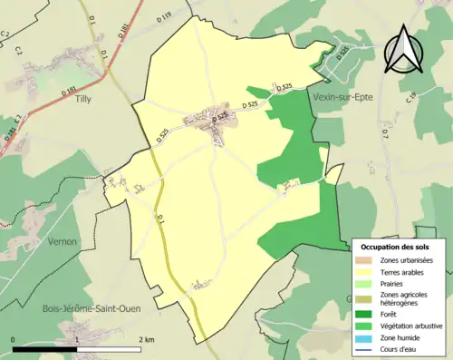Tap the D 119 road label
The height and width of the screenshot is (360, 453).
[162, 16]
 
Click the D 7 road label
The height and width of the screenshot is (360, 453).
[385, 133]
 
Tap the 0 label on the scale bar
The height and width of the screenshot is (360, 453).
[14, 339]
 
